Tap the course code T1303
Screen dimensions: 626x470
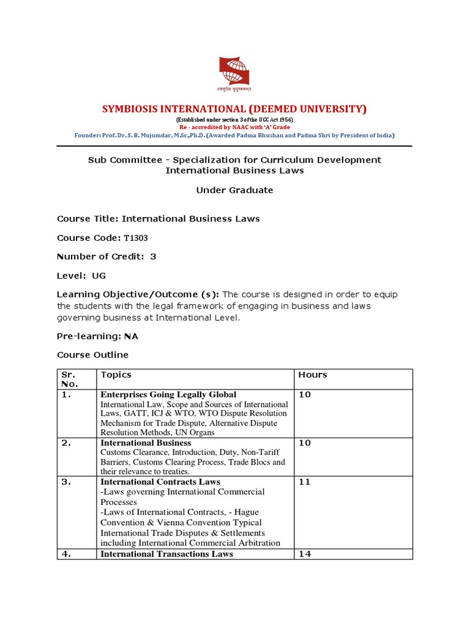click(136, 238)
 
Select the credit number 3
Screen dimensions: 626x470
click(153, 257)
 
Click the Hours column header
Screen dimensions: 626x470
click(313, 375)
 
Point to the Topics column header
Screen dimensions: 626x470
click(116, 375)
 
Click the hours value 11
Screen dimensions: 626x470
click(304, 482)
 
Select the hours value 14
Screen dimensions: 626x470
click(304, 554)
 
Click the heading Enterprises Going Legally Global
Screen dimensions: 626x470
click(168, 395)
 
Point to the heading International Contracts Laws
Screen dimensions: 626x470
click(160, 482)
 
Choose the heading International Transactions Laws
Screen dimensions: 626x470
click(166, 554)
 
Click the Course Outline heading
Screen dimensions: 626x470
click(92, 355)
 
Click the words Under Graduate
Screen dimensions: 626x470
click(234, 190)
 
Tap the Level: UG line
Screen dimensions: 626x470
click(81, 276)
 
